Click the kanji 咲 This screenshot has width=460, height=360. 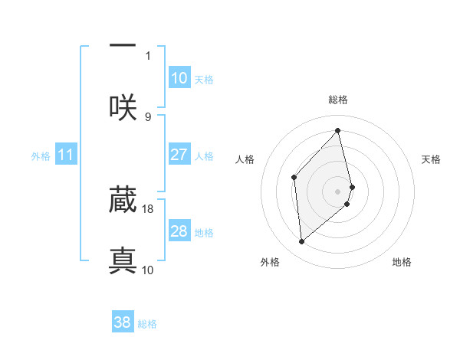(x=123, y=106)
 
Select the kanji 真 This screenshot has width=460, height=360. (x=123, y=260)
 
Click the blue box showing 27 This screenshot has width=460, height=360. (x=179, y=155)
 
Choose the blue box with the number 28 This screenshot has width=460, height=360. (x=179, y=231)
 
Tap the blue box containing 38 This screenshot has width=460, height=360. (x=123, y=322)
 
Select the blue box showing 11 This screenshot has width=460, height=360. (x=65, y=155)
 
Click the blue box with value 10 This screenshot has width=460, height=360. (x=179, y=78)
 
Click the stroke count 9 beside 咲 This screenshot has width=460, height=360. (x=148, y=116)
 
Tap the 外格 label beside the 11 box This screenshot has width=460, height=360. (x=41, y=156)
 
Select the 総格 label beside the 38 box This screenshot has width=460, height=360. (x=147, y=324)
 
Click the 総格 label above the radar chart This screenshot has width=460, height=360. (x=338, y=100)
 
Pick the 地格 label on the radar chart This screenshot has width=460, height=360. (x=402, y=263)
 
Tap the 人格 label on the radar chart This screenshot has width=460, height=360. (x=245, y=159)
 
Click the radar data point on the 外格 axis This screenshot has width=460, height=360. (x=302, y=242)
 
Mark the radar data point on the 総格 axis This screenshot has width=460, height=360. (x=338, y=131)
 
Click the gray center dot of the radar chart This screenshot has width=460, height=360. (x=338, y=190)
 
